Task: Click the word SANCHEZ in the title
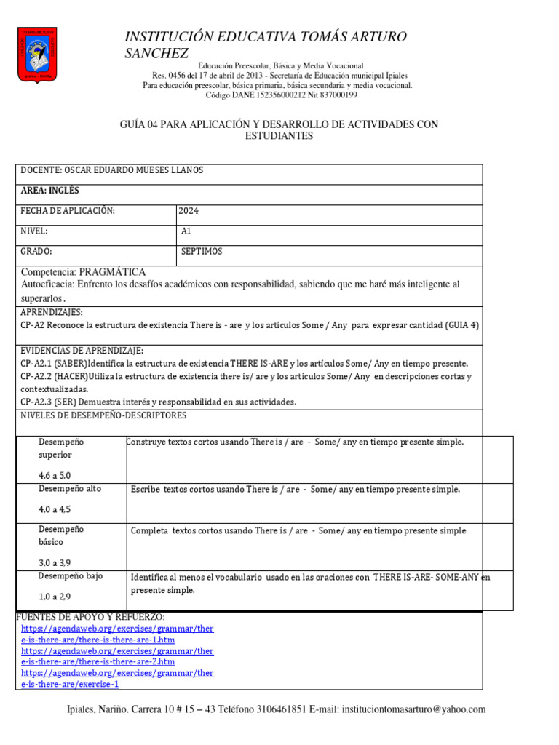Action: click(x=157, y=53)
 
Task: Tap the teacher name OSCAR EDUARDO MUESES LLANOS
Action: click(x=113, y=170)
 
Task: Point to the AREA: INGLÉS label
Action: click(x=50, y=191)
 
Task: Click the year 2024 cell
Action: click(x=189, y=211)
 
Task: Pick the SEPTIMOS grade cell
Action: click(x=202, y=252)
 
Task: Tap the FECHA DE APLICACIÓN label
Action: click(x=68, y=211)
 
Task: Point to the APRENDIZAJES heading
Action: click(x=52, y=311)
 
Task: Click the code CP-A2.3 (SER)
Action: click(x=53, y=402)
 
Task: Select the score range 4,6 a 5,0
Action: click(x=55, y=475)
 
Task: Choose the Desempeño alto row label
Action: click(x=70, y=489)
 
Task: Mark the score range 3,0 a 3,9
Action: click(x=55, y=562)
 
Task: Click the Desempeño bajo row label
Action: click(x=71, y=575)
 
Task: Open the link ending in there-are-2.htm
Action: click(x=98, y=662)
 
